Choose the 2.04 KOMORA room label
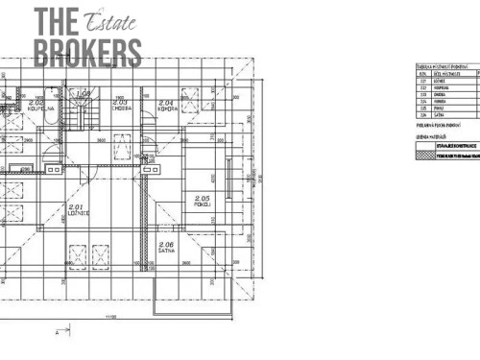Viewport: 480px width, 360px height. [165, 106]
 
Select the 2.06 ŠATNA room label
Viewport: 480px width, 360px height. [166, 249]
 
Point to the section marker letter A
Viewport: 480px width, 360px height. [59, 332]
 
